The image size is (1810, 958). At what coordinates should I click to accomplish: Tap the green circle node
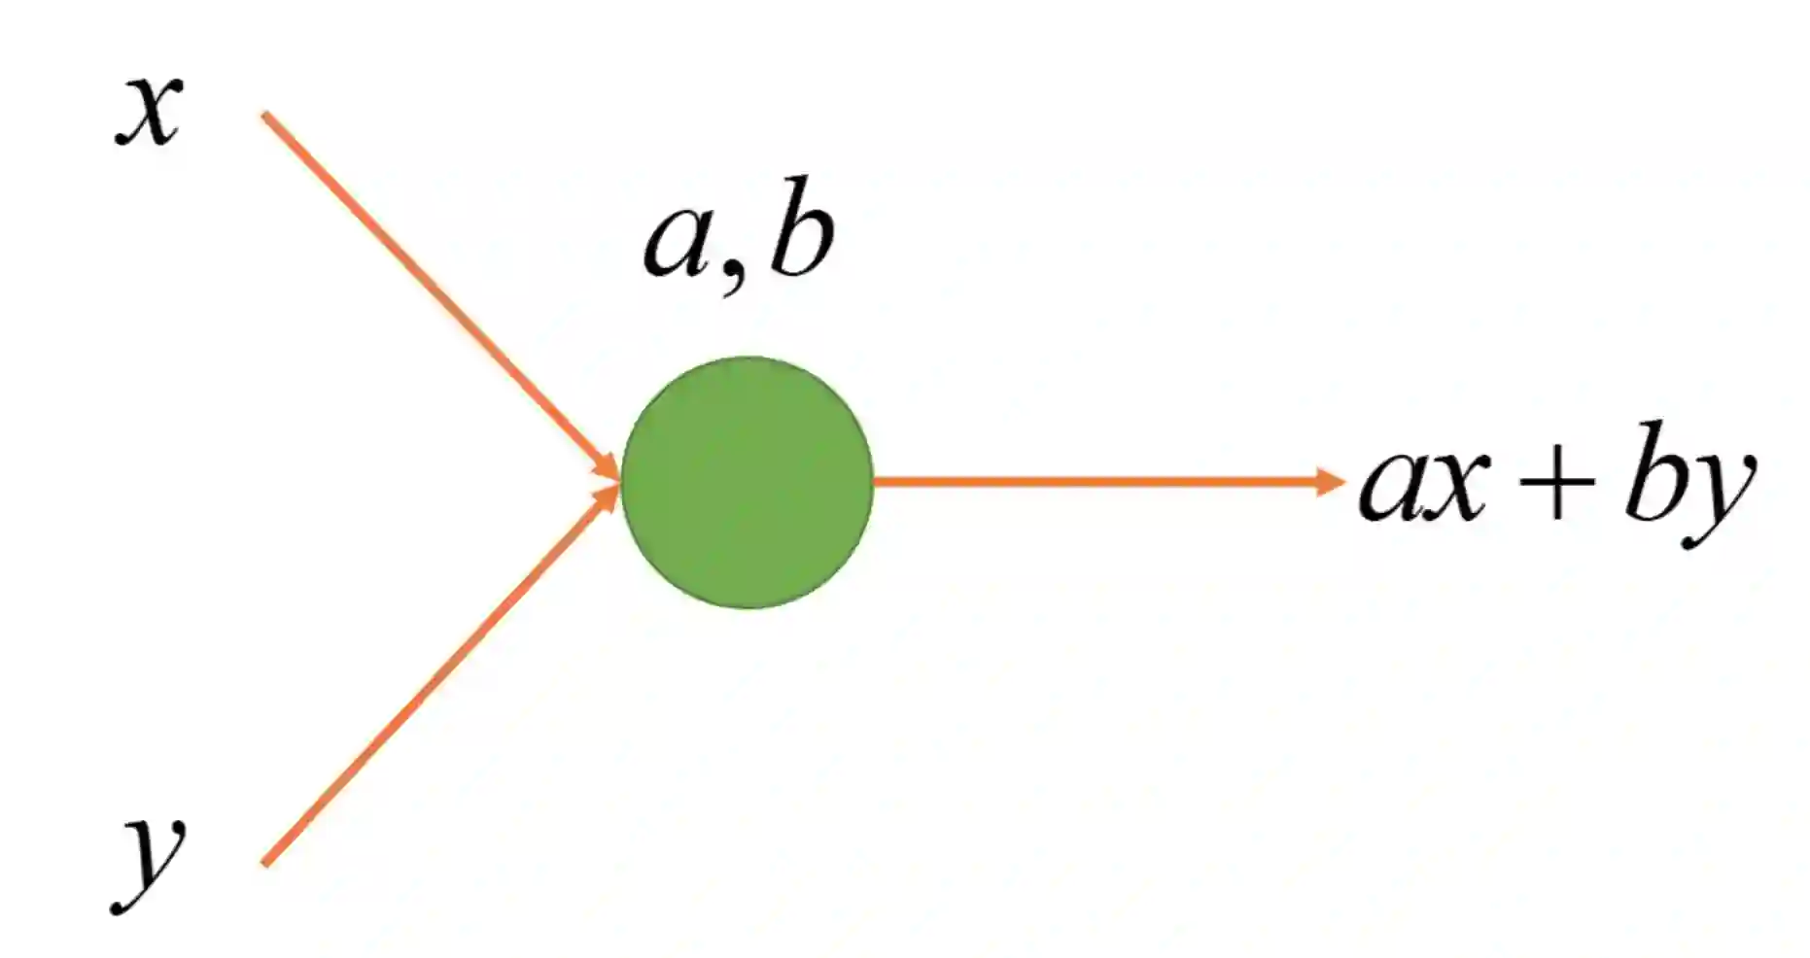[747, 483]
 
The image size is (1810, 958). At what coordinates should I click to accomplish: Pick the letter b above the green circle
[801, 228]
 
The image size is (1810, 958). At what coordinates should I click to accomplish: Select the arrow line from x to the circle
[437, 291]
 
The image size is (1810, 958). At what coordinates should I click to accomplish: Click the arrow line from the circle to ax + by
[1098, 481]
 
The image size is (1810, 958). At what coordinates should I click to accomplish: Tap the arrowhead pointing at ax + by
[1330, 481]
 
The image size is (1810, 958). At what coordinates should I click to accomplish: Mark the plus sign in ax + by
[1556, 482]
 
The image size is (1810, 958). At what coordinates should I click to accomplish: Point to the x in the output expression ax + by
[1456, 485]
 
